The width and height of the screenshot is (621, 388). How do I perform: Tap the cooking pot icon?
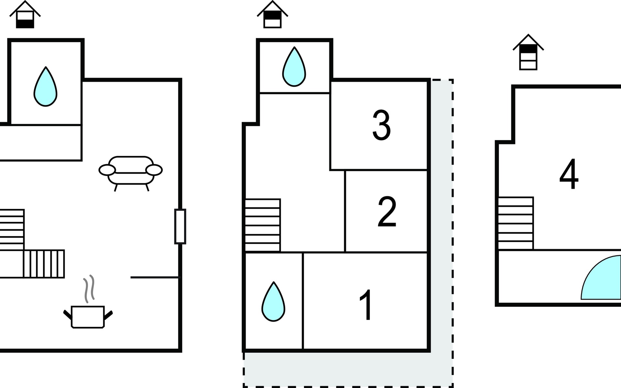point(88,317)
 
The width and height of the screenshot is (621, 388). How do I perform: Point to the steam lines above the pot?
point(89,289)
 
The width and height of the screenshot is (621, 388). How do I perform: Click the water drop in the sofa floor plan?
point(46,87)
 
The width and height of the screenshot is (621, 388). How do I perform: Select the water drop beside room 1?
point(273,302)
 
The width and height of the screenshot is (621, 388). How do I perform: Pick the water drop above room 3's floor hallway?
point(294,67)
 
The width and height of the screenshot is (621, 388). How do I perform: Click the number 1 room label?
point(366,305)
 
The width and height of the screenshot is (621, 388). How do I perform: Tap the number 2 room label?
point(387,212)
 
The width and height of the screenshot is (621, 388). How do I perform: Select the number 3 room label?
point(382,125)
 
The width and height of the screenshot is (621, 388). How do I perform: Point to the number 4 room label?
point(569,174)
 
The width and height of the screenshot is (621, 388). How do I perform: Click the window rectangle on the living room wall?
point(180,226)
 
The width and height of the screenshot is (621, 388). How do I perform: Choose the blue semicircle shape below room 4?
point(601,277)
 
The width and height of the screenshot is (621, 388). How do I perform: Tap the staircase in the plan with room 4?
point(516,223)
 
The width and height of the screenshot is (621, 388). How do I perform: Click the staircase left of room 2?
point(263,225)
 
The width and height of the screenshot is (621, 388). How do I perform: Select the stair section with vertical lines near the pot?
point(44,264)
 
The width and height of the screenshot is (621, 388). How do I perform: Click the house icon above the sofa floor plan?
point(25,15)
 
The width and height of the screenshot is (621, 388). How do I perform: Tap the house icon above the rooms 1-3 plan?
point(272,15)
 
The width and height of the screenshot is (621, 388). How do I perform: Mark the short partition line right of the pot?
point(155,277)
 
